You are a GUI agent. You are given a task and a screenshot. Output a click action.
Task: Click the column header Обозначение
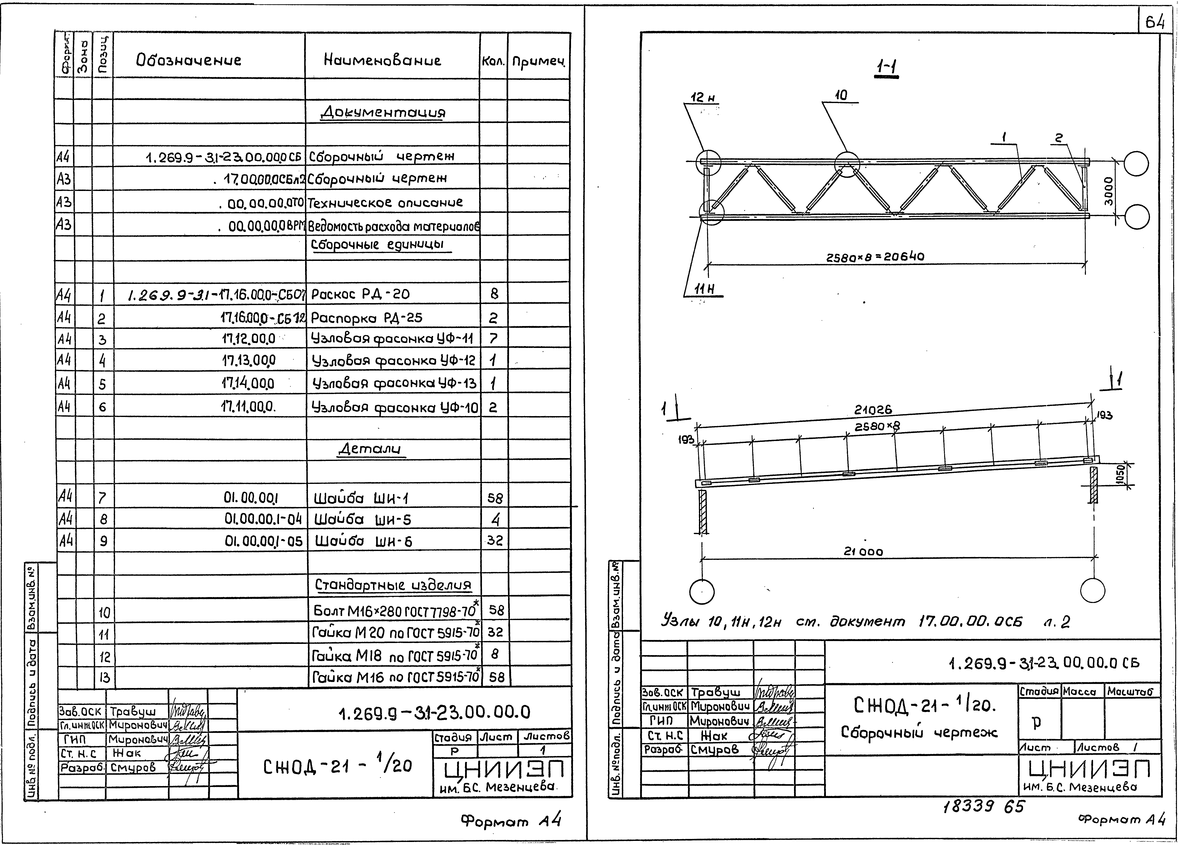tap(189, 60)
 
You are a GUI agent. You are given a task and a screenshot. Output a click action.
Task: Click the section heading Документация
tap(383, 112)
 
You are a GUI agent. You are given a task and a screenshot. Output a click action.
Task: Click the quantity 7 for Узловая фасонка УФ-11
tap(493, 339)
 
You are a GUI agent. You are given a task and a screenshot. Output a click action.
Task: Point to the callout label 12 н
tap(703, 98)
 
